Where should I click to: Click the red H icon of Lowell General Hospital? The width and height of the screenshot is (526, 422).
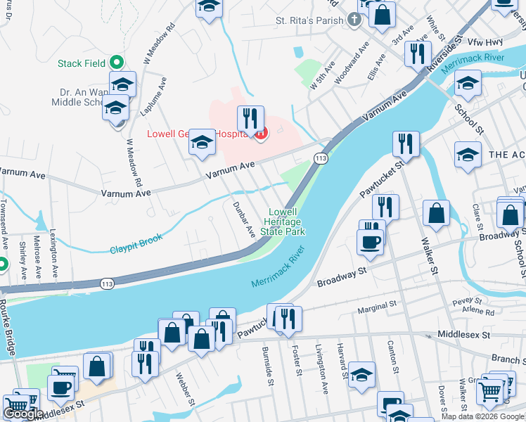click(x=262, y=133)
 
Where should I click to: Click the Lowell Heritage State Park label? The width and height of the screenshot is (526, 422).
click(x=282, y=221)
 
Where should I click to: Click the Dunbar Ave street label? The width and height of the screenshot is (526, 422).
click(x=243, y=219)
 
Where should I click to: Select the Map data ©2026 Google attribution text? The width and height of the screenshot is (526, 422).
click(x=482, y=416)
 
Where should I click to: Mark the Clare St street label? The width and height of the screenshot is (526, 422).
click(x=477, y=215)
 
